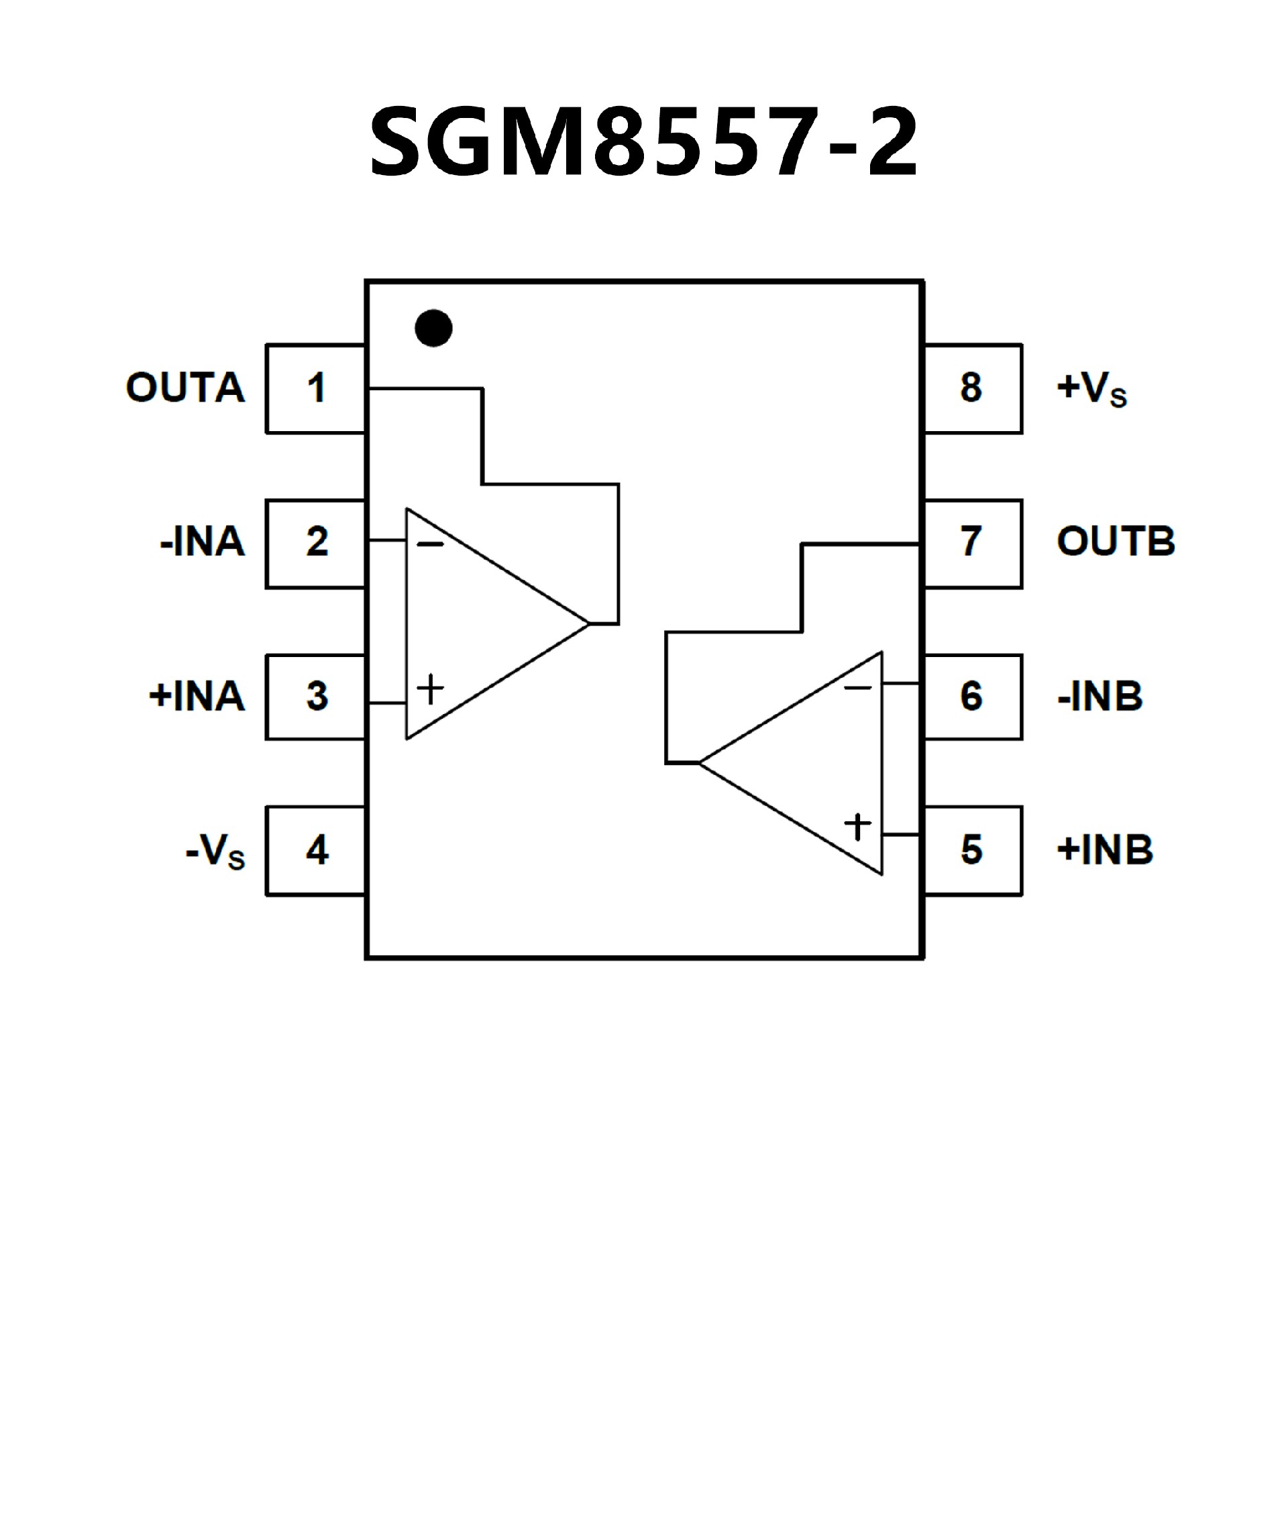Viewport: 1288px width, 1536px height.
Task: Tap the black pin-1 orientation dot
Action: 433,328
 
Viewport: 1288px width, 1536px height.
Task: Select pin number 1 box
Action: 315,388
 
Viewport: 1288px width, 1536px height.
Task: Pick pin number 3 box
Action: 315,697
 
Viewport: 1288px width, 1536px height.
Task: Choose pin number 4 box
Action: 315,851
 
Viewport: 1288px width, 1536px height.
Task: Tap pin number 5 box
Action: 973,851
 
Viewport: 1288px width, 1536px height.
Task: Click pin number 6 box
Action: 973,697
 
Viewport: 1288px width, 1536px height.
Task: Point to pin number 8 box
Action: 973,388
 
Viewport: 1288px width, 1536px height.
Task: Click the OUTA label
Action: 185,388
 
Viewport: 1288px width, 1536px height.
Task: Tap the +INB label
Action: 1105,851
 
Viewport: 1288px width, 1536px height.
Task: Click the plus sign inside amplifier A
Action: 430,689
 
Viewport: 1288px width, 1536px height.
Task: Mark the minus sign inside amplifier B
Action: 858,687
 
